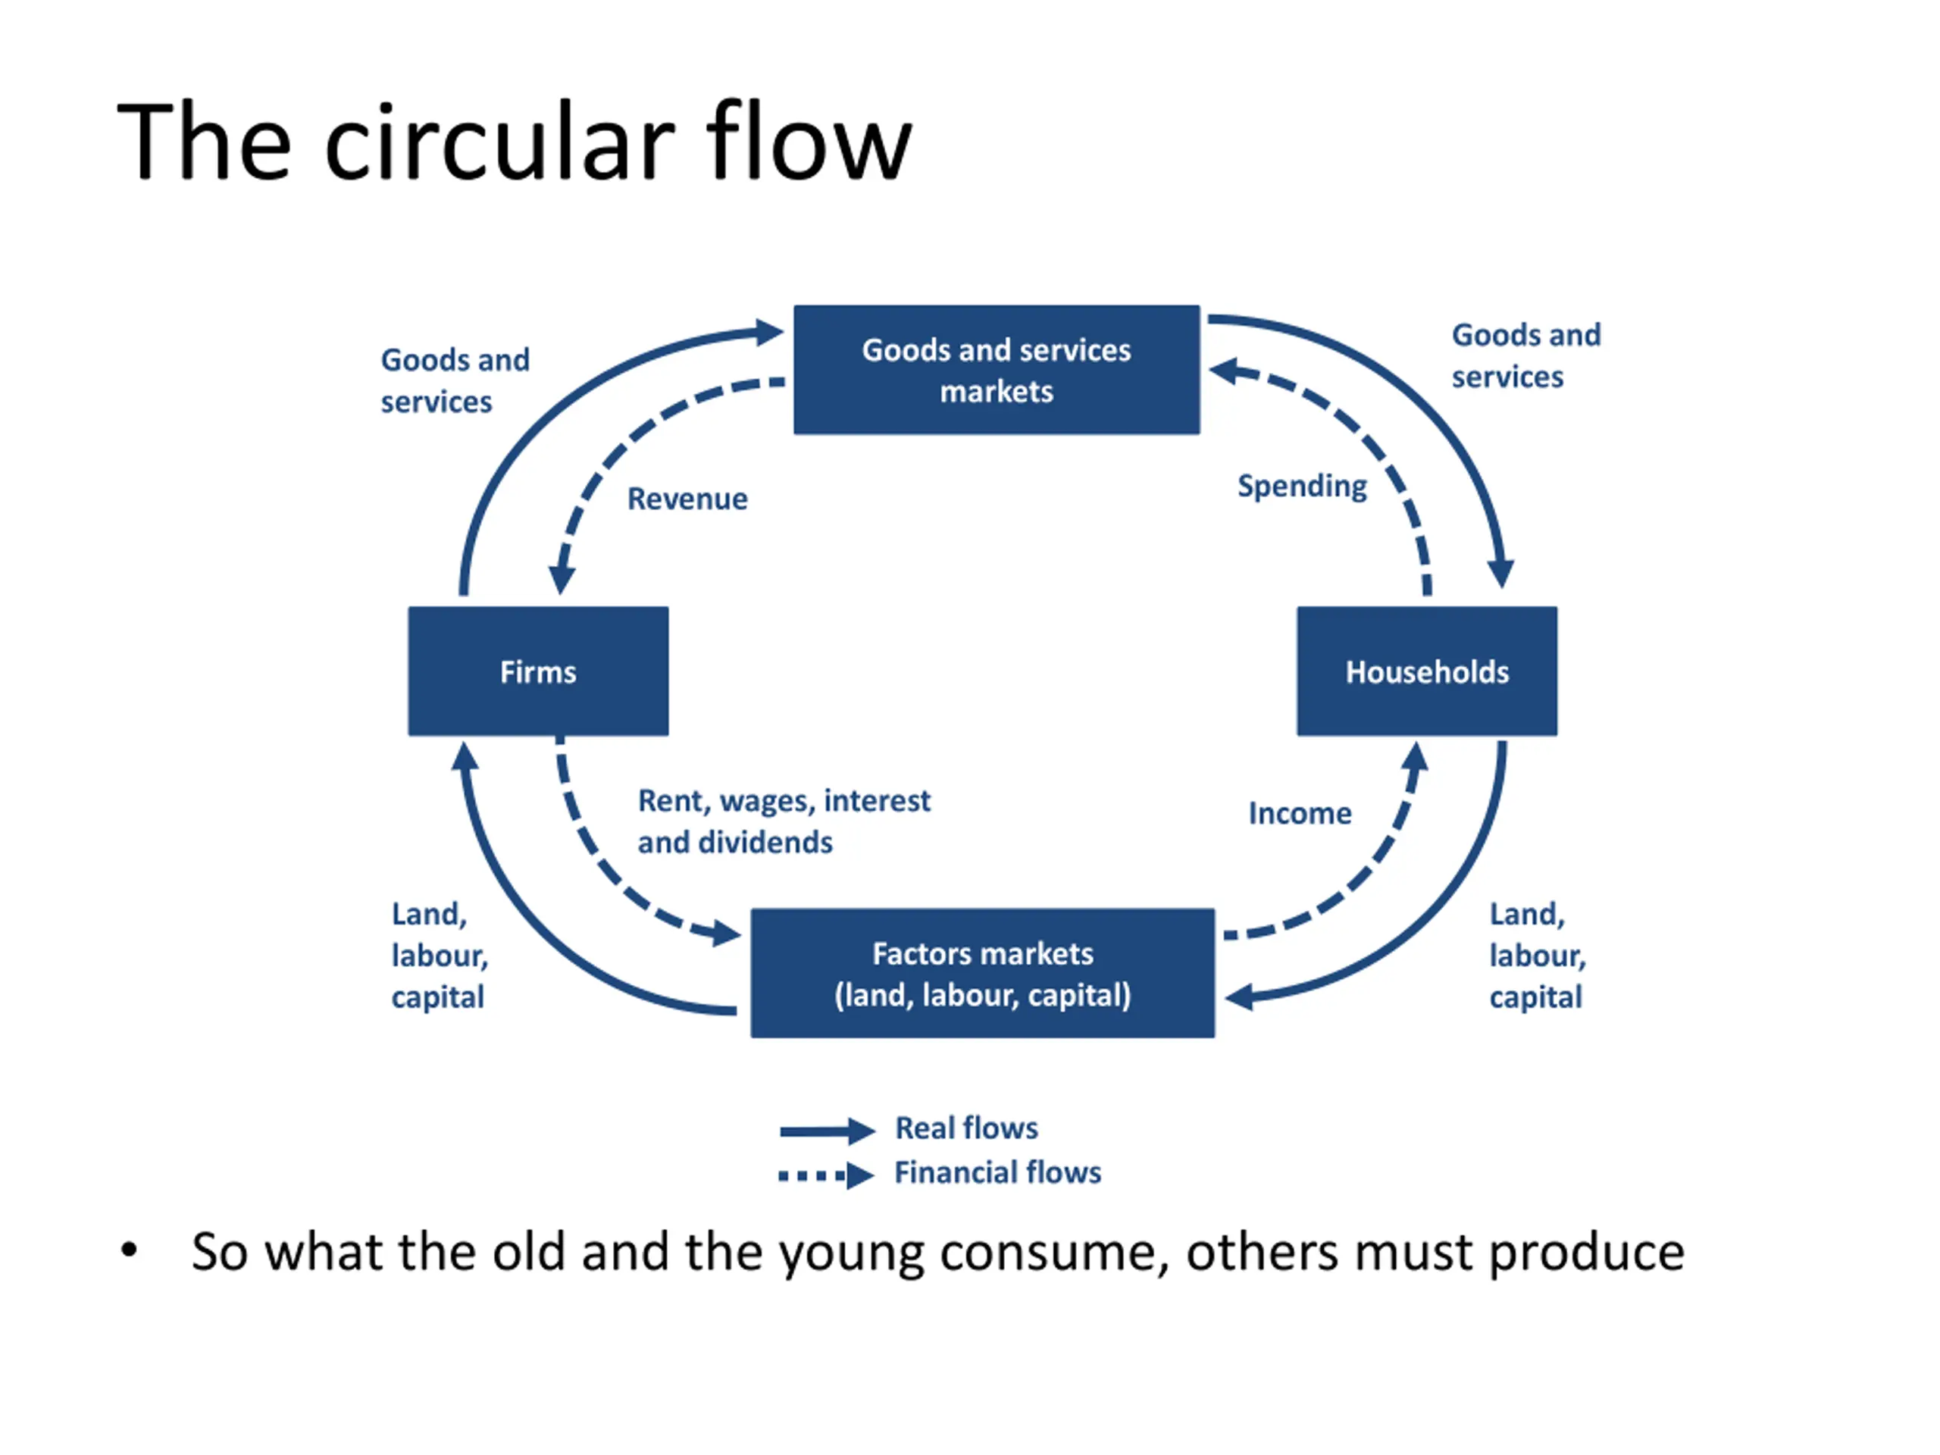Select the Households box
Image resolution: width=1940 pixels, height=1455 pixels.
pyautogui.click(x=1427, y=671)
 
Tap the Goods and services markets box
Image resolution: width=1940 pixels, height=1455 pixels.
pyautogui.click(x=997, y=369)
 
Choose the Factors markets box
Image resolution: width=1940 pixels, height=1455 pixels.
pyautogui.click(x=982, y=972)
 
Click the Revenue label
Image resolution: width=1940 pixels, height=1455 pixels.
pyautogui.click(x=687, y=498)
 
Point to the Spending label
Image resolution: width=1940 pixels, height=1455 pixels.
pyautogui.click(x=1301, y=487)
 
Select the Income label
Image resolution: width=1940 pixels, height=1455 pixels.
pyautogui.click(x=1300, y=813)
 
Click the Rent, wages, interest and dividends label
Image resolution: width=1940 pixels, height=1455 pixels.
pyautogui.click(x=783, y=821)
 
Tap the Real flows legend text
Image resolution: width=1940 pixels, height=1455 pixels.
pyautogui.click(x=966, y=1128)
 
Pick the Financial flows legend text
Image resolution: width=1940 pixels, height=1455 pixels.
pyautogui.click(x=997, y=1172)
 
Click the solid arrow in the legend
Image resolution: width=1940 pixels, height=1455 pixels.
pyautogui.click(x=827, y=1131)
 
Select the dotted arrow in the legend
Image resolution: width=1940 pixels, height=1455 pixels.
pyautogui.click(x=826, y=1175)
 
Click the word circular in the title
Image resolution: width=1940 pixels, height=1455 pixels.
pyautogui.click(x=500, y=142)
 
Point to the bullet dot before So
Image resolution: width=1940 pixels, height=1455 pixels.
pyautogui.click(x=129, y=1249)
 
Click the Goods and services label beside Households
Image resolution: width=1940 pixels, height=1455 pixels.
pyautogui.click(x=1526, y=355)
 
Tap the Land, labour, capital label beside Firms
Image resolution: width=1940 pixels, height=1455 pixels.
pyautogui.click(x=439, y=955)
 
